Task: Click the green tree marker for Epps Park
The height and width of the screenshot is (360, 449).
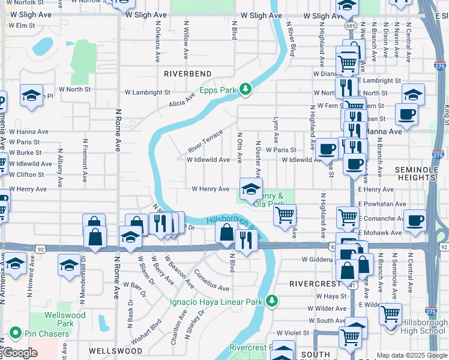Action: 245,89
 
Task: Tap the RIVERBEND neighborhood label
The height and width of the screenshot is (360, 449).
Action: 187,73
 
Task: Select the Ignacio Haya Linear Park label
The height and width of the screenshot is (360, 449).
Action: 217,300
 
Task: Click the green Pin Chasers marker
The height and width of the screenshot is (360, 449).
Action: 14,332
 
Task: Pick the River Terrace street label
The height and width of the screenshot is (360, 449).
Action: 205,140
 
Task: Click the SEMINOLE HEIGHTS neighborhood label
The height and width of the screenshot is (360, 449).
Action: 421,176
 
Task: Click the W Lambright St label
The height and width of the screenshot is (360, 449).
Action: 148,93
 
